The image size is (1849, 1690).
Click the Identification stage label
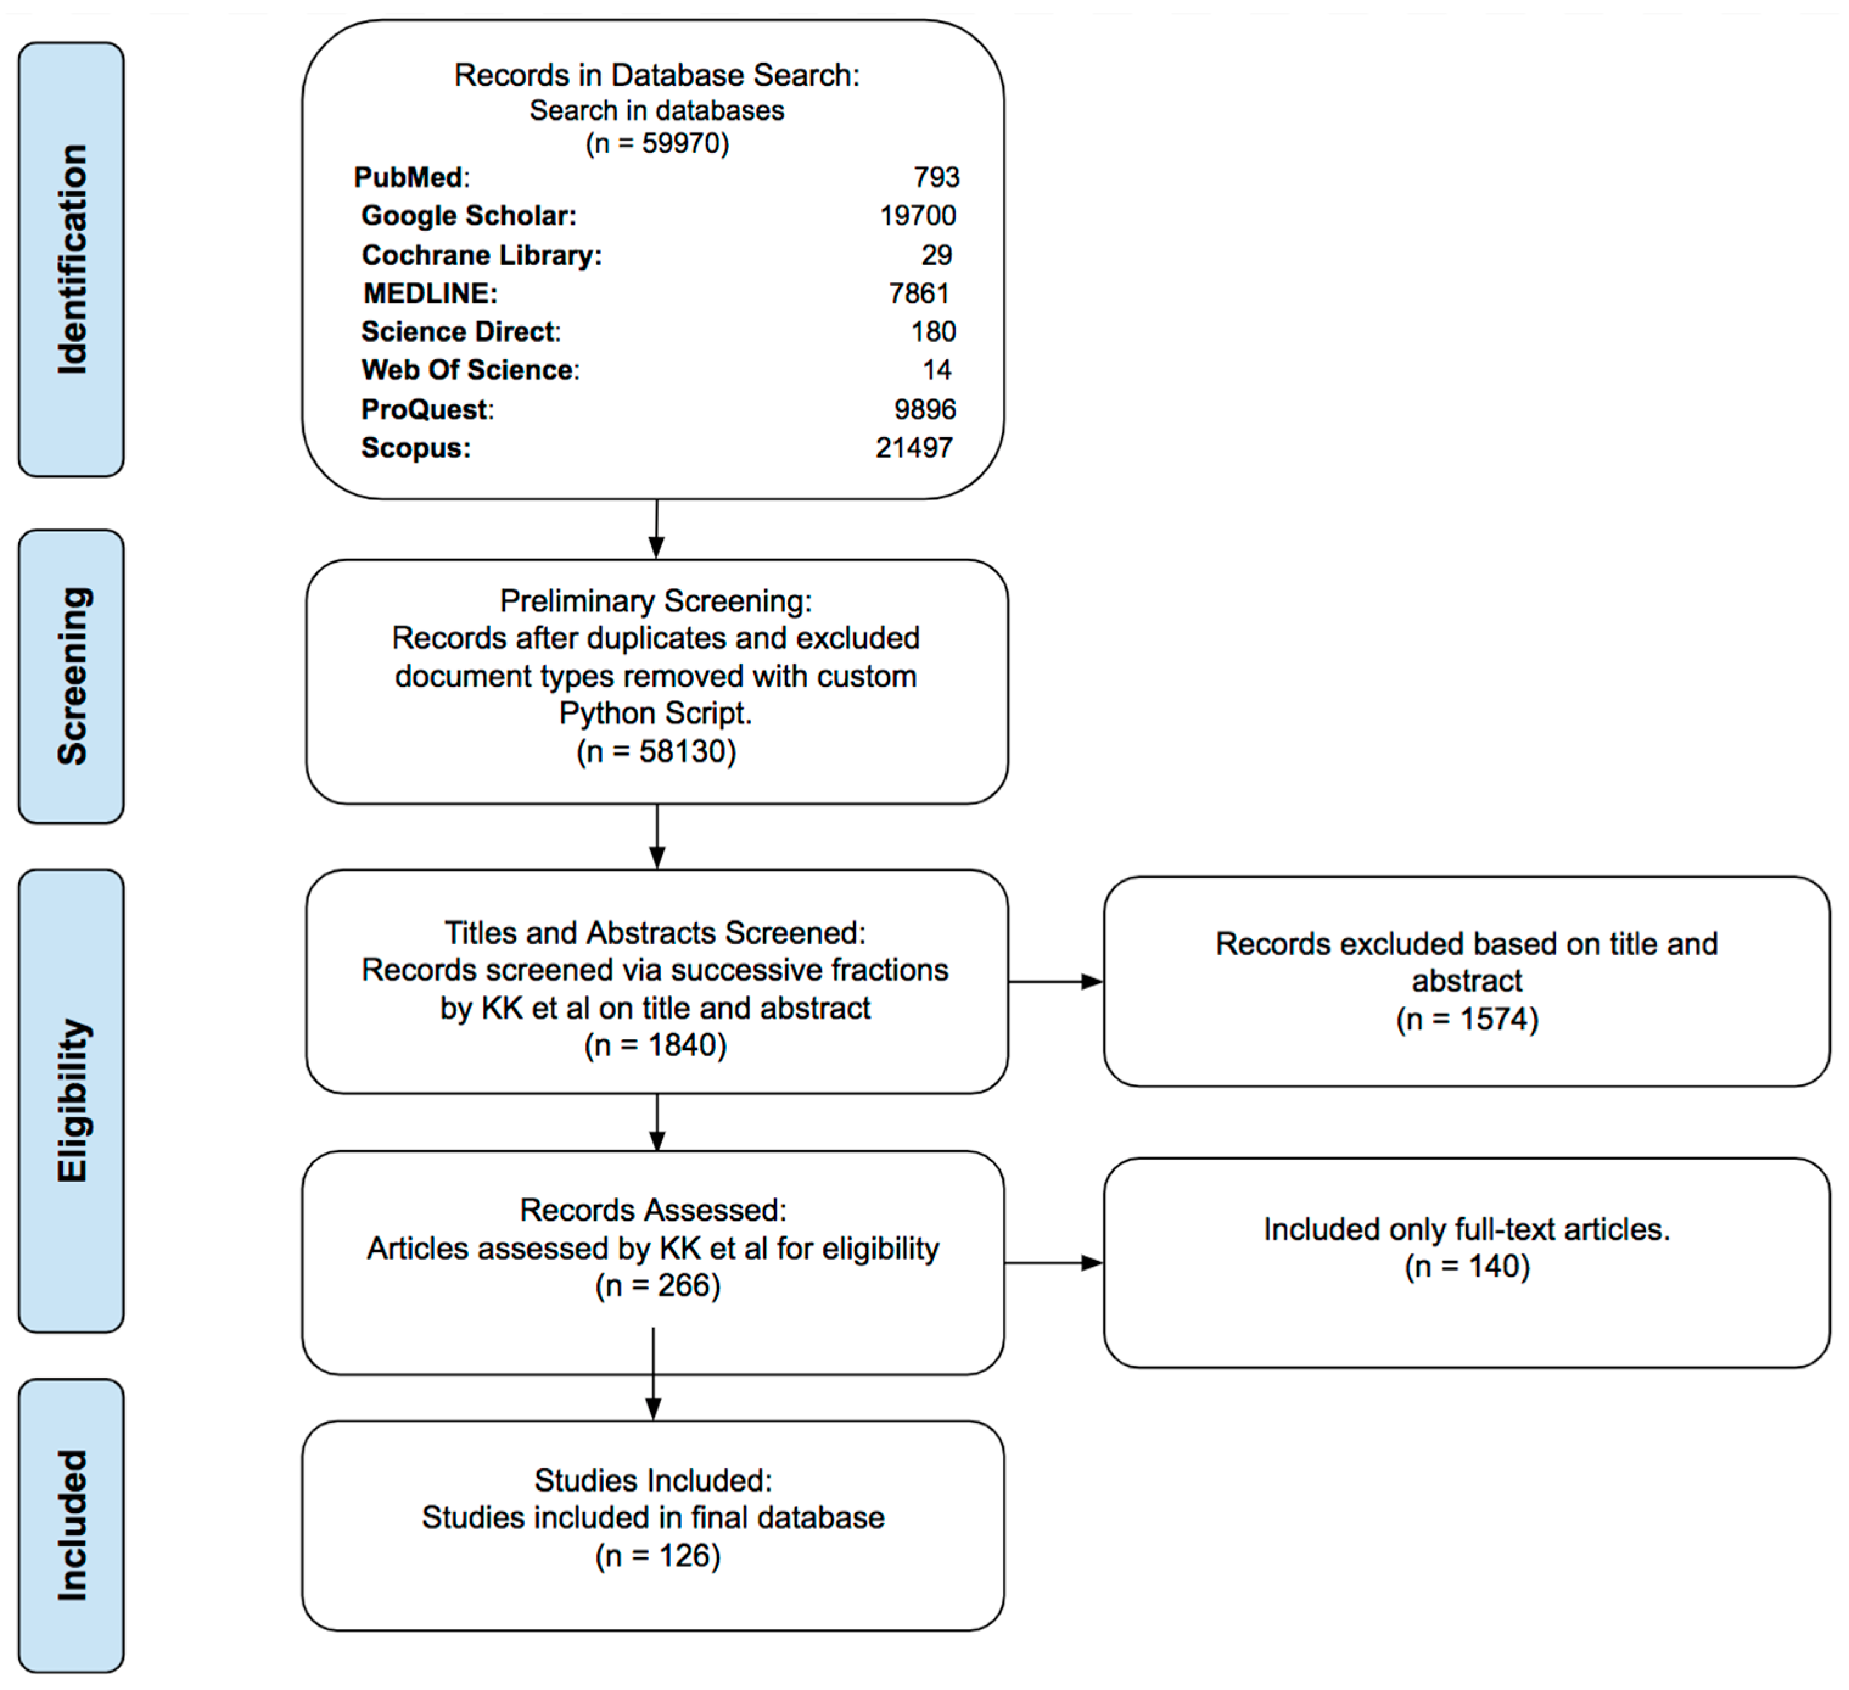point(72,259)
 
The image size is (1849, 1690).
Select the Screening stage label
point(72,676)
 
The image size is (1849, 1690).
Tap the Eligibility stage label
point(72,1100)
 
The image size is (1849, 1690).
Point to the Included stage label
point(72,1526)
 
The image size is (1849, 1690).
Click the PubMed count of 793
point(935,177)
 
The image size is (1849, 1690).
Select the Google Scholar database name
point(469,216)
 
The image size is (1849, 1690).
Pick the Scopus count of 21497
point(914,447)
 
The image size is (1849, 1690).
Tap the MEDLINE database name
point(430,293)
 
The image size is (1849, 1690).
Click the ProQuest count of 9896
point(924,409)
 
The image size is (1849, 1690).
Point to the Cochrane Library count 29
point(937,255)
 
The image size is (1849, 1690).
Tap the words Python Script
point(655,713)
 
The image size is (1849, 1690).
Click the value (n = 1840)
point(655,1045)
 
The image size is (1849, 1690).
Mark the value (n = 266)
point(657,1285)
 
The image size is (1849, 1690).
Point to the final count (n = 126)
point(657,1556)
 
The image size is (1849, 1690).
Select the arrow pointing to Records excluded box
point(1055,982)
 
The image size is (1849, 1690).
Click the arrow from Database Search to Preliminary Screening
point(657,530)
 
